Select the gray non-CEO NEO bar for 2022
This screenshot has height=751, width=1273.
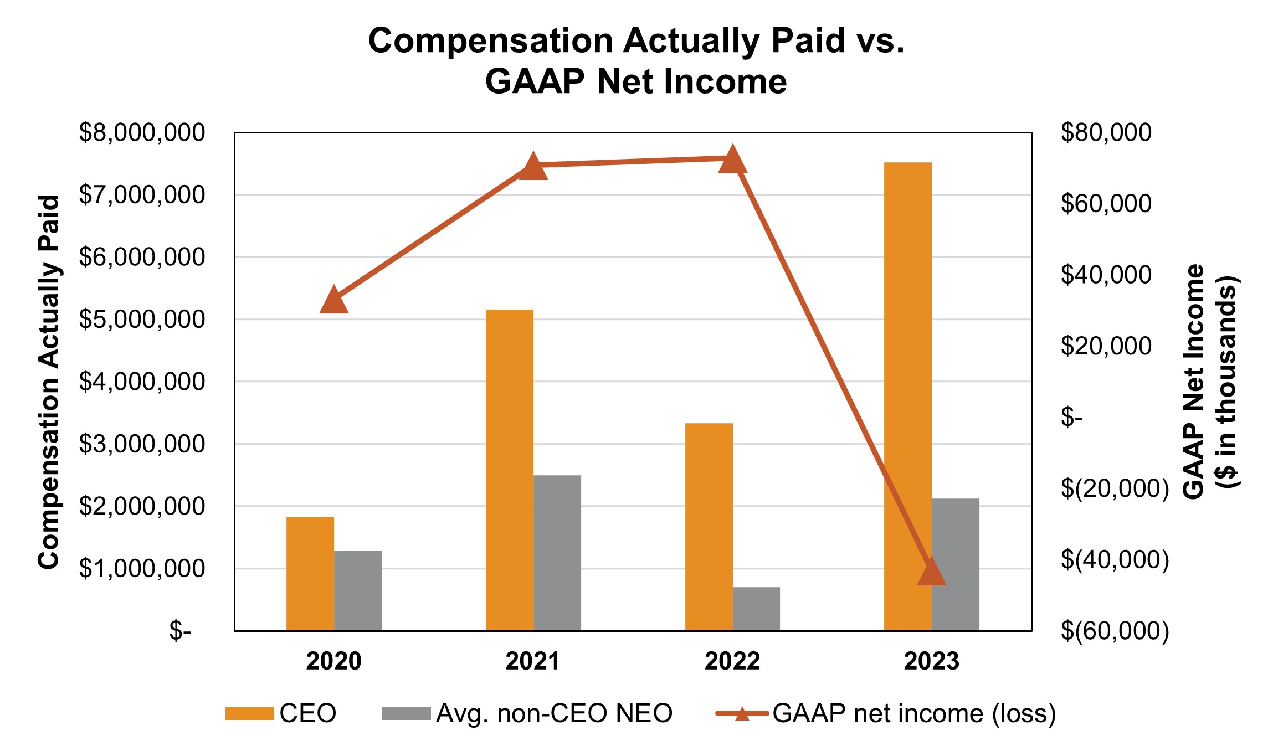tap(756, 609)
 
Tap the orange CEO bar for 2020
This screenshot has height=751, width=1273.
tap(310, 573)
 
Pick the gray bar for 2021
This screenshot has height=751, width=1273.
tap(557, 553)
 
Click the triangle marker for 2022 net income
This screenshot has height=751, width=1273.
tap(732, 160)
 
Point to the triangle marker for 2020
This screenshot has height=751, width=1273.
tap(333, 301)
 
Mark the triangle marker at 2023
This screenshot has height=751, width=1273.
tap(931, 573)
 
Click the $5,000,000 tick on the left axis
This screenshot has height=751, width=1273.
tap(142, 320)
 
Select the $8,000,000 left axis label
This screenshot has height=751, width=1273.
tap(142, 133)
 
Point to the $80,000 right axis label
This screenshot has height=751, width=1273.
tap(1106, 133)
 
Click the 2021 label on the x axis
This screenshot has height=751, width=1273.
tap(532, 661)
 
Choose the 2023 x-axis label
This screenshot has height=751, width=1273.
tap(931, 661)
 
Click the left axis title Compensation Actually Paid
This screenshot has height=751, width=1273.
tap(49, 382)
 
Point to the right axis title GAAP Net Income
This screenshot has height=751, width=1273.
tap(1194, 382)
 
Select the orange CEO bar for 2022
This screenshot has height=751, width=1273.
tap(709, 526)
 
